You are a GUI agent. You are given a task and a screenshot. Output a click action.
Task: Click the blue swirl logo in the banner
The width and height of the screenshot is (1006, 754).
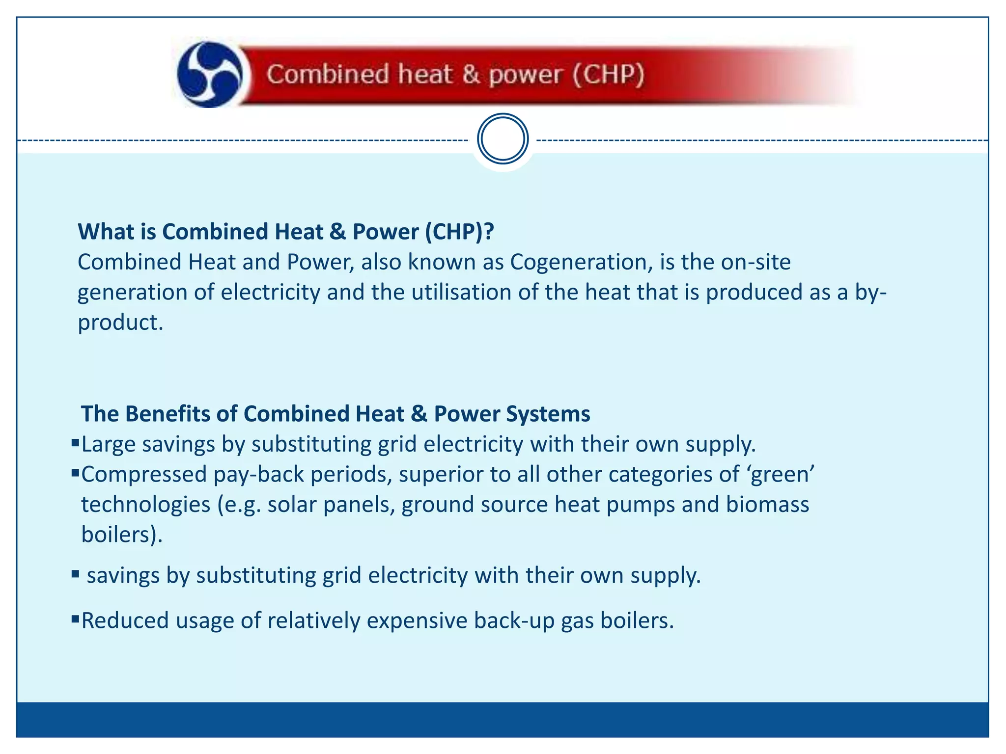pyautogui.click(x=210, y=75)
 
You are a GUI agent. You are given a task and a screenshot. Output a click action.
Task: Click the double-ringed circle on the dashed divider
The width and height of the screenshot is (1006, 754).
pyautogui.click(x=503, y=139)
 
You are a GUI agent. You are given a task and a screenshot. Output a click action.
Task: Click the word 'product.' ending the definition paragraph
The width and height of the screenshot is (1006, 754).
pyautogui.click(x=120, y=323)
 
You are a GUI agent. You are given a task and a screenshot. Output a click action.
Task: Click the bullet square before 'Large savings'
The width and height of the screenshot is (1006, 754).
pyautogui.click(x=75, y=443)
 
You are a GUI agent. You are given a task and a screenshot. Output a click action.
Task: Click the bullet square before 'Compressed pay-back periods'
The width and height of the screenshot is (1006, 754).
pyautogui.click(x=75, y=474)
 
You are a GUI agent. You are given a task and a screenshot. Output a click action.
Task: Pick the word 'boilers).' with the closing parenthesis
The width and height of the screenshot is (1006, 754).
pyautogui.click(x=122, y=535)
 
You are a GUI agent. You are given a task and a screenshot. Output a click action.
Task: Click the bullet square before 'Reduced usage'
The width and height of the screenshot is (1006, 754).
pyautogui.click(x=75, y=619)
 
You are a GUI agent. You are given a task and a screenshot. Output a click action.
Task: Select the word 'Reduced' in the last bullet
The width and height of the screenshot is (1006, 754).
pyautogui.click(x=125, y=620)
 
